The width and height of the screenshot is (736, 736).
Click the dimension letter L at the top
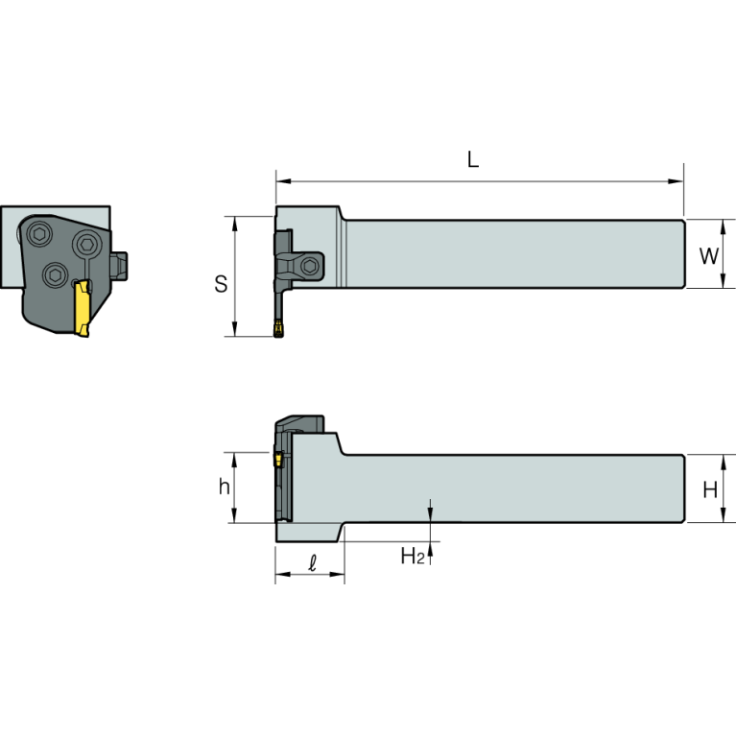472,160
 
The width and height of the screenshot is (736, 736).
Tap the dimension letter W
708,256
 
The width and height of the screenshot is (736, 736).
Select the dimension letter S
221,284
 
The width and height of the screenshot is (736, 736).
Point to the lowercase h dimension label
224,487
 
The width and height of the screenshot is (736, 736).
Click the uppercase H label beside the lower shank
710,490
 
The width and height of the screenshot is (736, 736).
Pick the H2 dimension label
412,555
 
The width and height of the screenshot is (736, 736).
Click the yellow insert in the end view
83,307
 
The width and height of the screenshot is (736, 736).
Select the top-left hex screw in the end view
39,233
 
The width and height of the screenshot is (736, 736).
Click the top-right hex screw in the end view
88,242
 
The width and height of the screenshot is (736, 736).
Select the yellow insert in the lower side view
278,459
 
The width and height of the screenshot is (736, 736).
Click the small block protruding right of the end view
121,264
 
